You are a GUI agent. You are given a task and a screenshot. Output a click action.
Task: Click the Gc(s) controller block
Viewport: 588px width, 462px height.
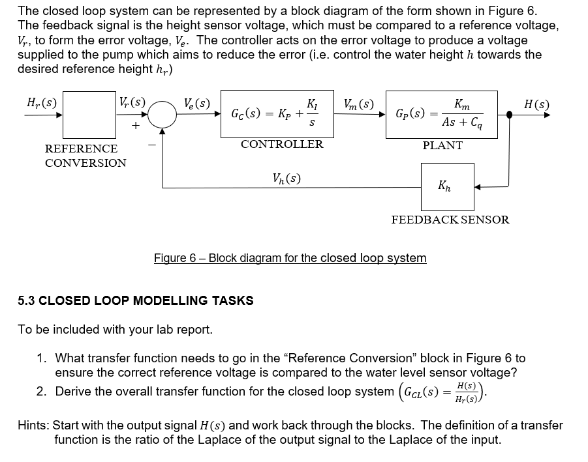[x=273, y=114]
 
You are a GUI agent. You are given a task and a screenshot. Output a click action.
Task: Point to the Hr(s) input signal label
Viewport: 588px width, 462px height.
[x=40, y=102]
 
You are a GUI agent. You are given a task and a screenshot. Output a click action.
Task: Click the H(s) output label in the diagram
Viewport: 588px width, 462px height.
[x=536, y=104]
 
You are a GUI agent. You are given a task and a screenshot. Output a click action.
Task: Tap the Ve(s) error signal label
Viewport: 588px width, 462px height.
[x=195, y=103]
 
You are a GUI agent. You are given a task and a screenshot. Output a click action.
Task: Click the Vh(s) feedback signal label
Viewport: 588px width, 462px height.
[x=286, y=177]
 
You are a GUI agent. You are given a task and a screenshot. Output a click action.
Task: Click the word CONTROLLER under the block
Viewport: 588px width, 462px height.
[x=281, y=144]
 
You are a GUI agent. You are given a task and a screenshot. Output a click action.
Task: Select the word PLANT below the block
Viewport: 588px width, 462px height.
[x=442, y=145]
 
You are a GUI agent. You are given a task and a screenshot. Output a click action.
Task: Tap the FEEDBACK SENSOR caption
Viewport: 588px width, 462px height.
[x=450, y=220]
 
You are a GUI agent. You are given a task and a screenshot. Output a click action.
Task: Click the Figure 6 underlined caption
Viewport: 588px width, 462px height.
[x=290, y=258]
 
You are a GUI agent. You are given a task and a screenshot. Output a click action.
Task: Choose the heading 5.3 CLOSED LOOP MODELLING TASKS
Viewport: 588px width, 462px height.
[x=136, y=300]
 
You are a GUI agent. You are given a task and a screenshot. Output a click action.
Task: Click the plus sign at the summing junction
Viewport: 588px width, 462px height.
[x=136, y=128]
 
